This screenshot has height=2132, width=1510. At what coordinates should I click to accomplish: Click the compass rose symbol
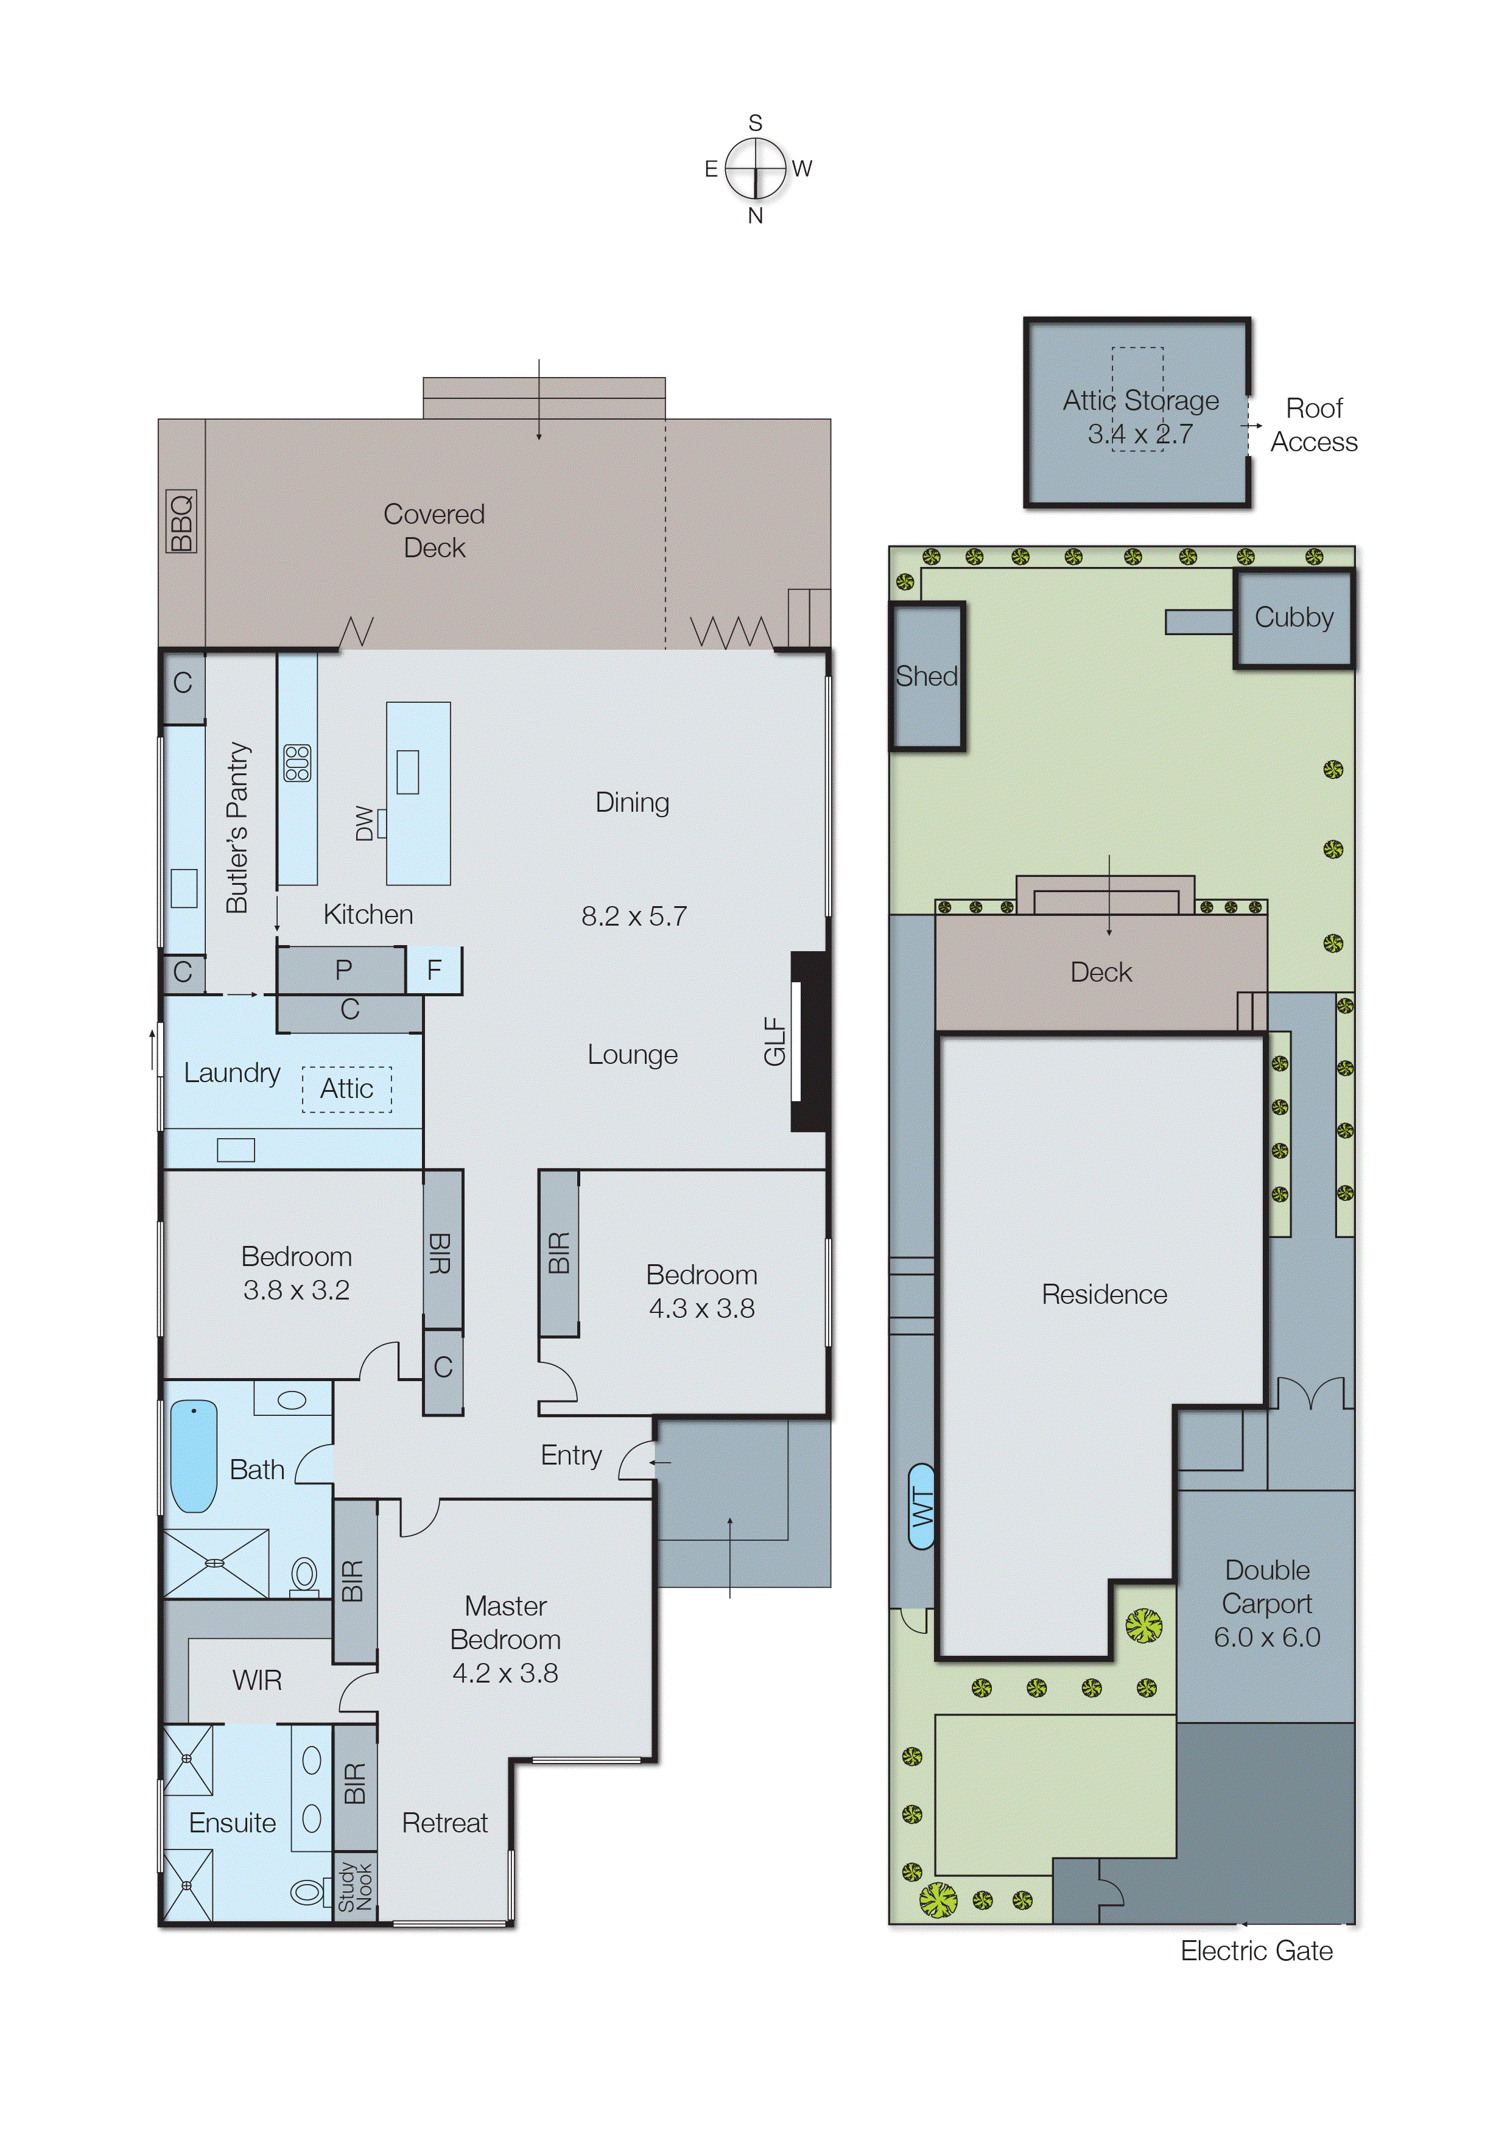[x=755, y=168]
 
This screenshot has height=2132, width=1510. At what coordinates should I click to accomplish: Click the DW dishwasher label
[x=365, y=824]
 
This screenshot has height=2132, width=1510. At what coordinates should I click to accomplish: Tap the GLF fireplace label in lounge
[x=774, y=1041]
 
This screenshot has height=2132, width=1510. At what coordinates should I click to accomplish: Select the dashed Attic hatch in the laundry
[x=347, y=1089]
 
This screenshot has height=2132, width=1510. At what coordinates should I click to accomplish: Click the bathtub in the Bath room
[x=194, y=1456]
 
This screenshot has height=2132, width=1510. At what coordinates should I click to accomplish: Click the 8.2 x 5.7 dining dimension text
[x=634, y=916]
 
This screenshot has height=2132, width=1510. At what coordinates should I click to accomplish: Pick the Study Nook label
[x=355, y=1887]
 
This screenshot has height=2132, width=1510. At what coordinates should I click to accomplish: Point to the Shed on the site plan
[x=927, y=676]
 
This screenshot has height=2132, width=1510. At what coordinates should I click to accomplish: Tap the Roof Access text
[x=1314, y=425]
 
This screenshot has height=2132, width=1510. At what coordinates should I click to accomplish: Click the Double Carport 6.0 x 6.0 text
[x=1266, y=1604]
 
